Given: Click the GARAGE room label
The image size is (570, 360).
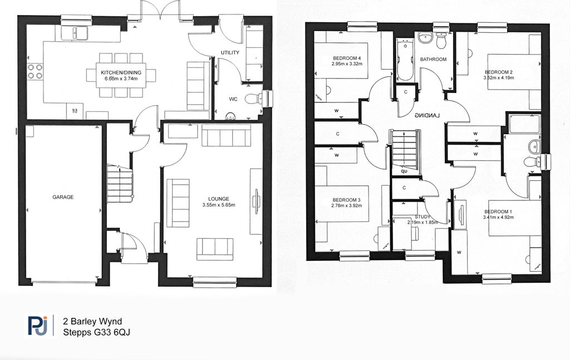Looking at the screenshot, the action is (63, 198).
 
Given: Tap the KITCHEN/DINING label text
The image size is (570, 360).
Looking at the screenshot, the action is (121, 73).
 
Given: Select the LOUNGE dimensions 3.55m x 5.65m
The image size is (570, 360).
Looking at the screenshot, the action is (219, 205).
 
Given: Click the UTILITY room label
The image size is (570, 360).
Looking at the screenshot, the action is (230, 53).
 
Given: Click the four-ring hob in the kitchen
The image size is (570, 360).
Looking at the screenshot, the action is (35, 72).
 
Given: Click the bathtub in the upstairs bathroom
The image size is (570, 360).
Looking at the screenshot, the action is (405, 60).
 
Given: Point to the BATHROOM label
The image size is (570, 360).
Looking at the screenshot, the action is (433, 60).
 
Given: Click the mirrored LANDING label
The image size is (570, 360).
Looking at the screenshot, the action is (427, 116).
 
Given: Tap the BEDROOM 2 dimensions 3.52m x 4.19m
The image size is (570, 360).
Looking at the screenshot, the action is (499, 78).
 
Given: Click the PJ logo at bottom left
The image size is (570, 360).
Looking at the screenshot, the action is (38, 325).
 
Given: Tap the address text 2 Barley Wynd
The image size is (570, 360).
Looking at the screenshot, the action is (93, 322).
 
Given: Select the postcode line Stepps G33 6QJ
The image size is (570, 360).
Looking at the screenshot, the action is (97, 332).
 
